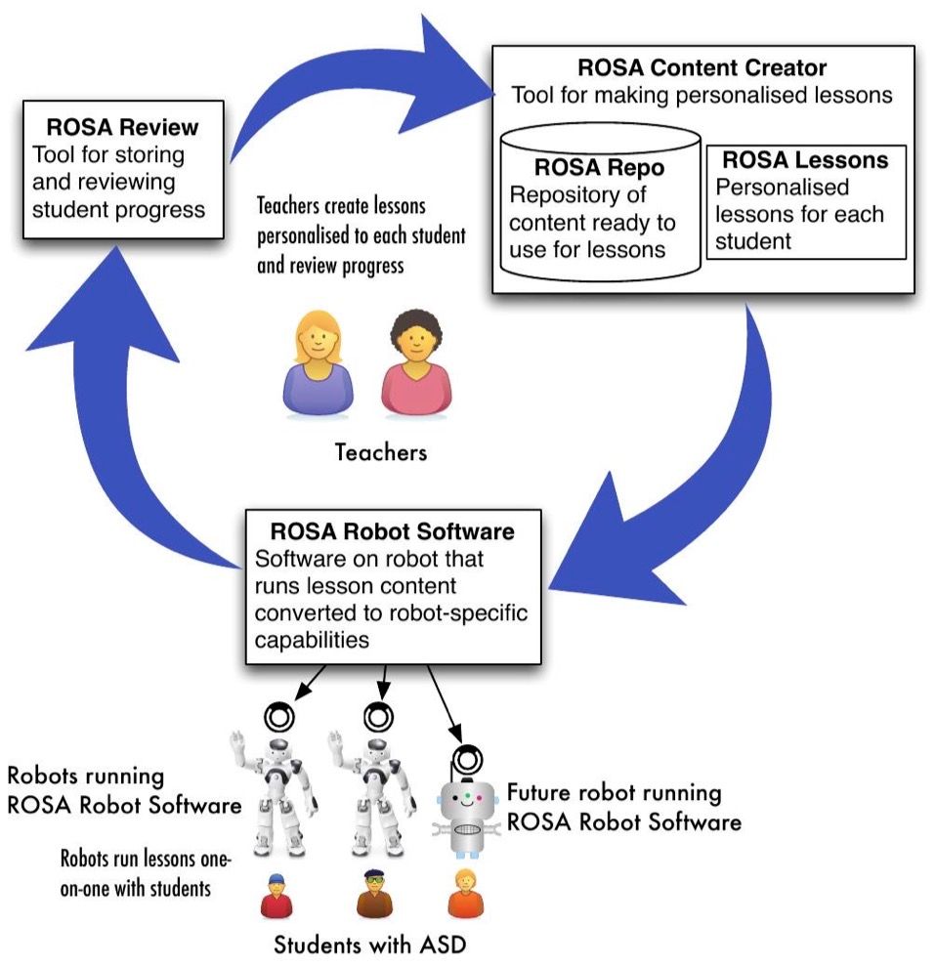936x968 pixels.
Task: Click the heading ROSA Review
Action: click(122, 127)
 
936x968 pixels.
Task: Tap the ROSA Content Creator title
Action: click(702, 67)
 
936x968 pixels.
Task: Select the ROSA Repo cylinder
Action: click(600, 202)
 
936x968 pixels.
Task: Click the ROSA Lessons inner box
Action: click(806, 202)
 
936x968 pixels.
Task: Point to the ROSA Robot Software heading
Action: click(393, 531)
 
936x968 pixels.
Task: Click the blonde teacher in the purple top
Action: click(318, 363)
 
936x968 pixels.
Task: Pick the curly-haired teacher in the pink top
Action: click(416, 363)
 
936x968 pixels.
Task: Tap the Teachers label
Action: click(381, 452)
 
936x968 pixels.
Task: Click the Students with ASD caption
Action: click(370, 945)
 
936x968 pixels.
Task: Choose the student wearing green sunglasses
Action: click(375, 895)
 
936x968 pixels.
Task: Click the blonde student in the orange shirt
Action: click(465, 894)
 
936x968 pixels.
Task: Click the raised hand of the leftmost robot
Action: click(237, 741)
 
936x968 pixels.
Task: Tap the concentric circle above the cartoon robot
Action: click(467, 760)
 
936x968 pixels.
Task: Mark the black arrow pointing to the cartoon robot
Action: click(445, 703)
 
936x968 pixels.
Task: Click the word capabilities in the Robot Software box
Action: click(312, 641)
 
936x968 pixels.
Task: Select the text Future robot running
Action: click(615, 793)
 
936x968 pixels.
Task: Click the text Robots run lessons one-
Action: click(146, 859)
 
